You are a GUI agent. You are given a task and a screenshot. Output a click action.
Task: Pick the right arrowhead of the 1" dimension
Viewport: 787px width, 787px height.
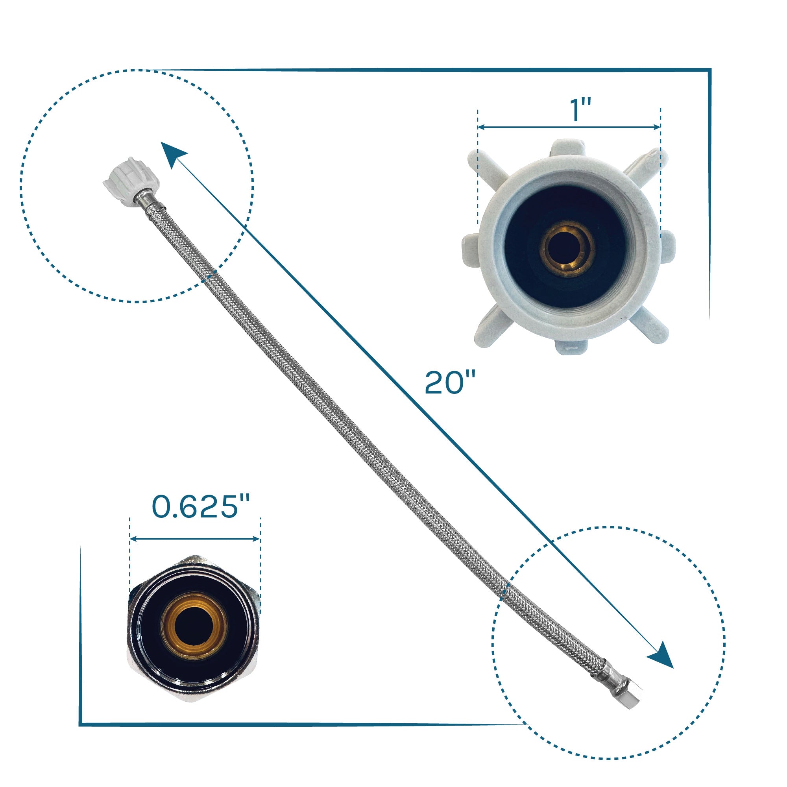click(657, 127)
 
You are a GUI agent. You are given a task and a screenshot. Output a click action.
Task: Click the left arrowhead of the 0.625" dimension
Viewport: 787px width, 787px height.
click(133, 539)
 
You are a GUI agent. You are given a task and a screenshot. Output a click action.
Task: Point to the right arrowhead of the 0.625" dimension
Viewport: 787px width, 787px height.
click(256, 539)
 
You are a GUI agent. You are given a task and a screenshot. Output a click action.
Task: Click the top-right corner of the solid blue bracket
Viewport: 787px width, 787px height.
click(710, 70)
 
